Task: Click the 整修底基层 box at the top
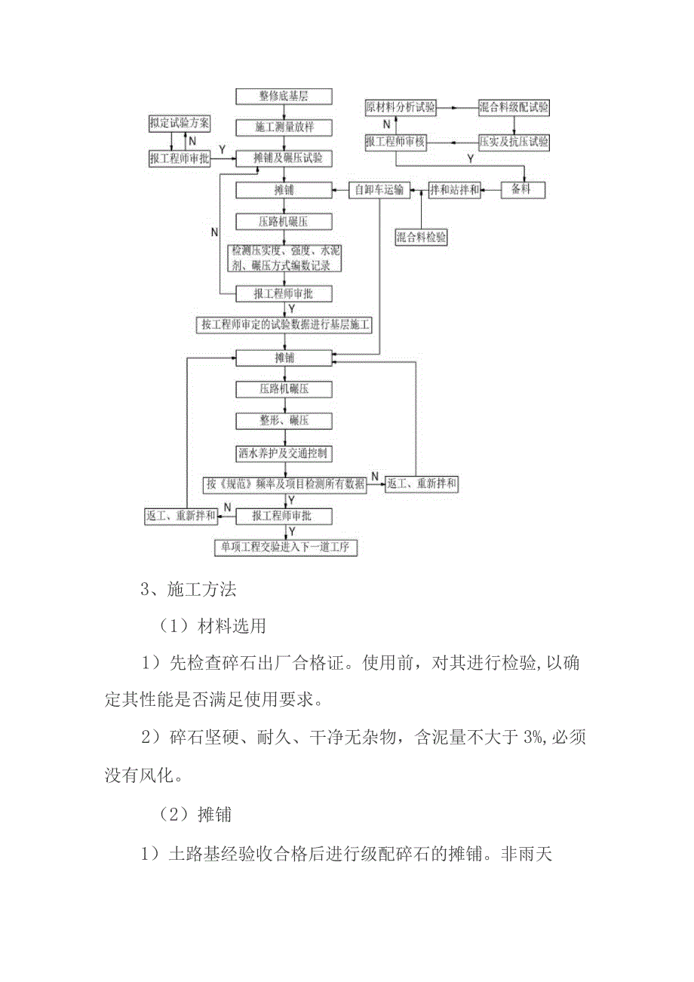coord(284,96)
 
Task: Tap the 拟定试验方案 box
coord(180,122)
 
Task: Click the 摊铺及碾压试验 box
coord(284,158)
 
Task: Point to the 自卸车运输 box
coord(379,189)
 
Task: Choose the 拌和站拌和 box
coord(455,189)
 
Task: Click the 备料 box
coord(524,189)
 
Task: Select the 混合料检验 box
coord(422,237)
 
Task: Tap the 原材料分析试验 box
coord(401,107)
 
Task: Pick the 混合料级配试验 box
coord(514,107)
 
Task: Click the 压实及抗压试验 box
coord(514,141)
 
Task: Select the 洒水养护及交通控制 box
coord(284,453)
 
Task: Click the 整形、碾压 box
coord(284,420)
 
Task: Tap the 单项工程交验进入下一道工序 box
coord(285,547)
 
